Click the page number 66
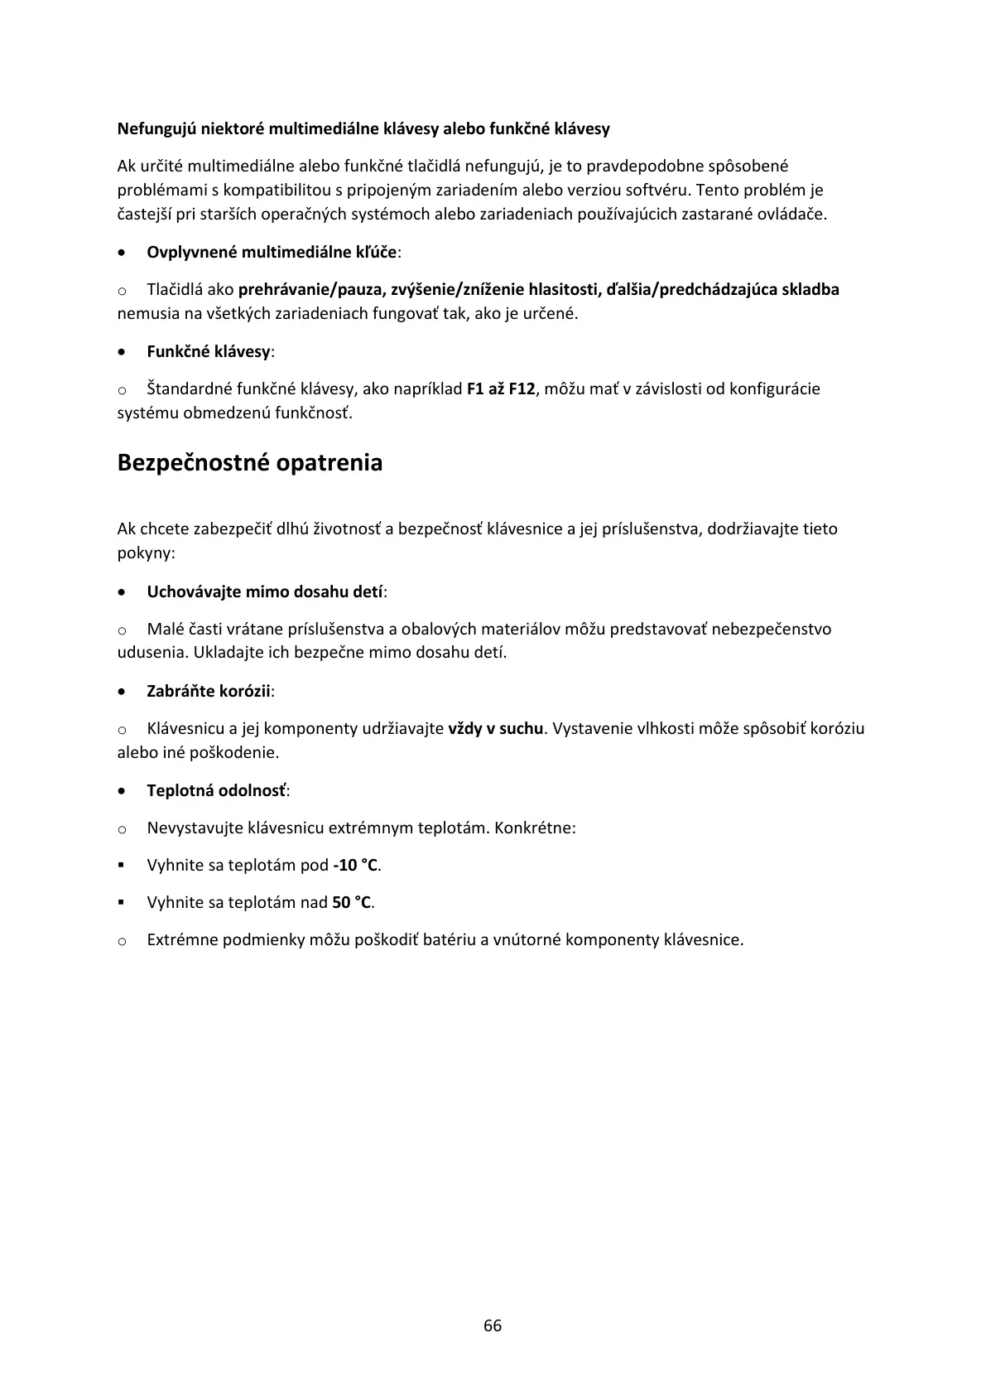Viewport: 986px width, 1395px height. pos(493,1325)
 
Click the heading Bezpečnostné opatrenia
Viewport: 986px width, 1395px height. pos(250,462)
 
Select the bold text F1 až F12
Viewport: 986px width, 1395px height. pos(501,389)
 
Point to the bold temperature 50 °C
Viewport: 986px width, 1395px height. pos(352,902)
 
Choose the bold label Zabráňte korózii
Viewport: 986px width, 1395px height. pos(209,691)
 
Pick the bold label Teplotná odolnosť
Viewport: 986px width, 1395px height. pos(216,790)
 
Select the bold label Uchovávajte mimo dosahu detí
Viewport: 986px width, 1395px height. pos(265,591)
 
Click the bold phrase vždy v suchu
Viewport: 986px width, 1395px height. pos(495,728)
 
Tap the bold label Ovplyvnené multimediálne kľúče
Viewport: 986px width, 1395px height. pos(272,252)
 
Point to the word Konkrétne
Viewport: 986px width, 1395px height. pos(534,828)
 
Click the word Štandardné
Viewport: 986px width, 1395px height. pos(190,389)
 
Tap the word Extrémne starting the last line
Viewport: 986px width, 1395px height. pos(182,939)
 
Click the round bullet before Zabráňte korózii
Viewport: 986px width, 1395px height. pos(123,691)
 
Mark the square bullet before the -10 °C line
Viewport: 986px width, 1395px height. pos(122,865)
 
